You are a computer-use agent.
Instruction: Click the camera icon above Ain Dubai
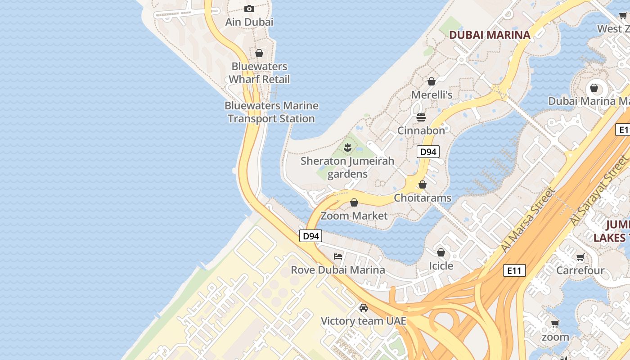click(x=249, y=9)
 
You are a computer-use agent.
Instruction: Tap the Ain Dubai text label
click(x=249, y=22)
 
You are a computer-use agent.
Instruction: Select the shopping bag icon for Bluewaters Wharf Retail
click(x=259, y=53)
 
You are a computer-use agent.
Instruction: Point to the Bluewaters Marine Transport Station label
click(x=271, y=112)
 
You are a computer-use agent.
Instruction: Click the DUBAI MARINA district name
click(x=490, y=35)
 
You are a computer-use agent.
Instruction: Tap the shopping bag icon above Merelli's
click(x=431, y=81)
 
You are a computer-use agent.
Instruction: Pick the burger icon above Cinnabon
click(x=421, y=117)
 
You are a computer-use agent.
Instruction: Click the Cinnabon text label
click(x=421, y=130)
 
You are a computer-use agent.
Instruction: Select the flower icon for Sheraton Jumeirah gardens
click(x=347, y=147)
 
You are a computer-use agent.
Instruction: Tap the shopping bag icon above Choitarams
click(x=422, y=184)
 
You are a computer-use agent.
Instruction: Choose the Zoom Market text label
click(x=354, y=216)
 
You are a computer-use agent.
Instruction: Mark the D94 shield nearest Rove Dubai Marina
click(x=310, y=236)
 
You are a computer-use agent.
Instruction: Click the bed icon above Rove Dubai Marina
click(x=338, y=256)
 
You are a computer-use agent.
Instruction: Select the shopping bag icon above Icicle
click(x=441, y=252)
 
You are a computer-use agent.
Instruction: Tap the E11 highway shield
click(x=514, y=270)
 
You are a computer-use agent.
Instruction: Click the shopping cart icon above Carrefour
click(x=580, y=257)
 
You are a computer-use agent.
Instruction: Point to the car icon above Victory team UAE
click(x=363, y=308)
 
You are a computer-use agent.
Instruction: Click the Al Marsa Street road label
click(x=527, y=220)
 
